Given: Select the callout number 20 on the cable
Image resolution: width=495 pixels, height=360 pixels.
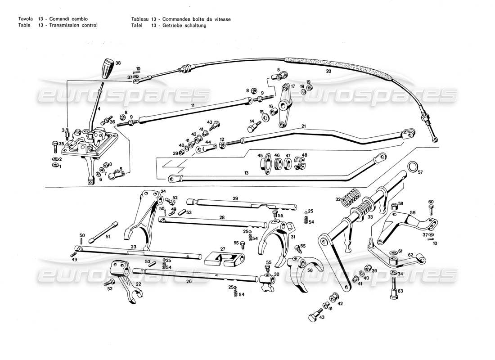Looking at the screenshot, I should click(328, 71).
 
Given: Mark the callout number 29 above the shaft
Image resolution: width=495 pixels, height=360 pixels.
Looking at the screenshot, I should click(235, 198).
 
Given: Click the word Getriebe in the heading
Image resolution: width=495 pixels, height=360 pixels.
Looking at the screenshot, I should click(173, 26).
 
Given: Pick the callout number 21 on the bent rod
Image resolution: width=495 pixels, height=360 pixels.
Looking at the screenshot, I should click(303, 126).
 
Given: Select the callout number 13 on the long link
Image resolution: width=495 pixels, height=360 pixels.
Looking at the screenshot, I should click(246, 173).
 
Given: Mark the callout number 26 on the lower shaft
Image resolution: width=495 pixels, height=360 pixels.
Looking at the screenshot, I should click(189, 282).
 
